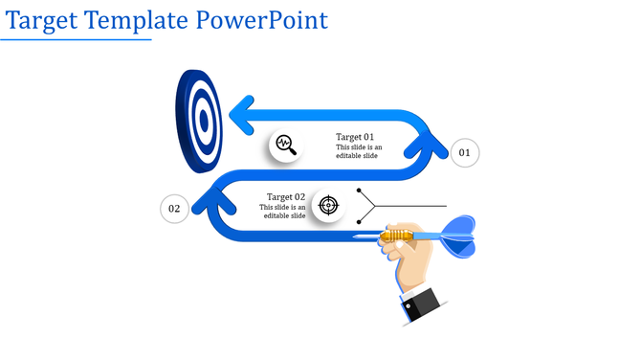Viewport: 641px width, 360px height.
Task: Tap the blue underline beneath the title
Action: coord(77,40)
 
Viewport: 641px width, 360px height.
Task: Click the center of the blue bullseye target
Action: coord(202,121)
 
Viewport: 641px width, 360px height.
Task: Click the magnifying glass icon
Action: coord(285,146)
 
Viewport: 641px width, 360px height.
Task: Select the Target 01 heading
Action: coord(355,137)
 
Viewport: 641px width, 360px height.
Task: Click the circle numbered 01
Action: coord(464,152)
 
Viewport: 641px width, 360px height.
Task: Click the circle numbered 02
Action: coord(174,209)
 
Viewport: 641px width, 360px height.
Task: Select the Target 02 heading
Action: coord(285,197)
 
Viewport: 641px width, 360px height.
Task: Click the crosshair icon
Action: coord(328,205)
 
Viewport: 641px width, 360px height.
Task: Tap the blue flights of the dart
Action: coord(458,236)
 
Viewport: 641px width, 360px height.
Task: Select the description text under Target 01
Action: coord(359,152)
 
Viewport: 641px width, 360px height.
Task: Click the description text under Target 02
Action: coord(284,212)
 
